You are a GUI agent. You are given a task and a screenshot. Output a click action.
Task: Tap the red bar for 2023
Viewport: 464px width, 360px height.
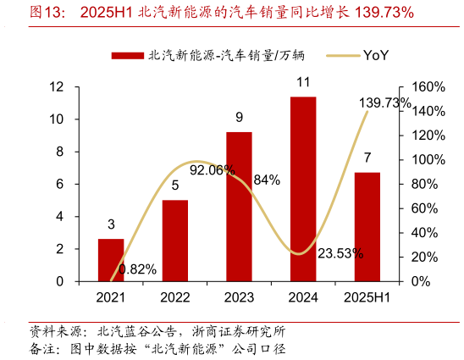(239, 207)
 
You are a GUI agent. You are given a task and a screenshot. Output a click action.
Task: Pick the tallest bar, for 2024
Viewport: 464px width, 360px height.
(303, 189)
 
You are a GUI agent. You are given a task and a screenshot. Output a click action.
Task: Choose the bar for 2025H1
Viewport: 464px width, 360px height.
(367, 226)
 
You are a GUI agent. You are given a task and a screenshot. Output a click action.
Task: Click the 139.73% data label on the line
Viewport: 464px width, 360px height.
(384, 103)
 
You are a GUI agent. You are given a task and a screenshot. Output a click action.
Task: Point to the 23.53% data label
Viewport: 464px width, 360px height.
(340, 253)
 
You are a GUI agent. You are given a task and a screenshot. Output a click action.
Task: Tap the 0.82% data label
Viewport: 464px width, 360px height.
(137, 269)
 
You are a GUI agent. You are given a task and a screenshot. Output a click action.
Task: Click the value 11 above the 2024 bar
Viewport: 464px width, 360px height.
(303, 83)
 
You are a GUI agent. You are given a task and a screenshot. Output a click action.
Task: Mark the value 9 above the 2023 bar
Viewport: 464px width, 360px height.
(240, 118)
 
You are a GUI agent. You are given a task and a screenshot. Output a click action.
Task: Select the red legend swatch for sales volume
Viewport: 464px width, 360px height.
(127, 56)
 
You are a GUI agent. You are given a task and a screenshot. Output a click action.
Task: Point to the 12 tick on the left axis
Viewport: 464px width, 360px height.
(57, 87)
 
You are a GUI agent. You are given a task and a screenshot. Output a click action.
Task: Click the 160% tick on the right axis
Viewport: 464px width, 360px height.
(428, 87)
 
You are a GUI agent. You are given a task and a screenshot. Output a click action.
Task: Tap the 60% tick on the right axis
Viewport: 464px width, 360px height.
(424, 208)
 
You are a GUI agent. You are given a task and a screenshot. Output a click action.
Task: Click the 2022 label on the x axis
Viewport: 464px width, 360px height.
(175, 297)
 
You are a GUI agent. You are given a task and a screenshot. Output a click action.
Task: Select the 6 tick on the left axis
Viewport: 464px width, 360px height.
(60, 184)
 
